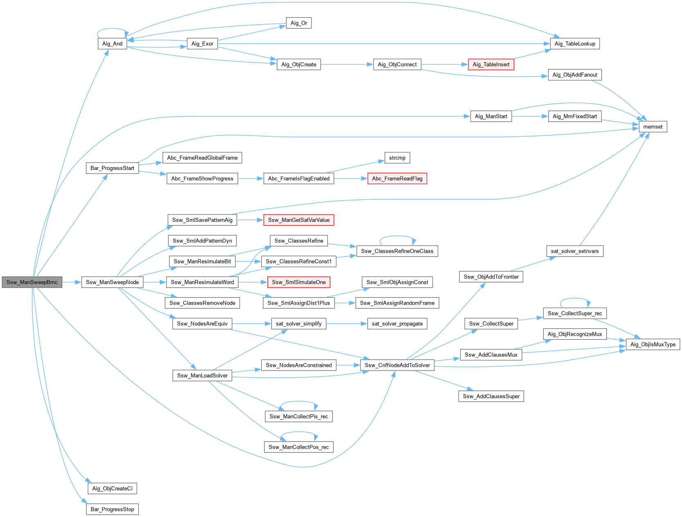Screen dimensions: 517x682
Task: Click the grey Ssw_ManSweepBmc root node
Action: coord(32,282)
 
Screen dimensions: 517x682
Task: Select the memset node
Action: coord(653,127)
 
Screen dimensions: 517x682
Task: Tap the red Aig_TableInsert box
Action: coord(491,65)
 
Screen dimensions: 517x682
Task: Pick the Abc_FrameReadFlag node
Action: coord(397,179)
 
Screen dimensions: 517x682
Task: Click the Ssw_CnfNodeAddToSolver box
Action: coord(397,366)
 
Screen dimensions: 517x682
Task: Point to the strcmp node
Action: coord(397,158)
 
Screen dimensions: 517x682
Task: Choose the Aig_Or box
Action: coord(299,23)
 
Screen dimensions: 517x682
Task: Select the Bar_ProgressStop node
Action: coord(113,510)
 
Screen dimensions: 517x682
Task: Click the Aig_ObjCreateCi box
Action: coord(113,489)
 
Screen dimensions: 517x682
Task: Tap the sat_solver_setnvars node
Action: coord(574,251)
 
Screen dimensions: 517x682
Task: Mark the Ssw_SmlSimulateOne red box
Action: coord(299,282)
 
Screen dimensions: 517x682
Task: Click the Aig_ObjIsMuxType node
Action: coord(653,345)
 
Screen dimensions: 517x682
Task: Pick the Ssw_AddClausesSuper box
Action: coord(491,397)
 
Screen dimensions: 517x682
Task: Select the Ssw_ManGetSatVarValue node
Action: coord(299,220)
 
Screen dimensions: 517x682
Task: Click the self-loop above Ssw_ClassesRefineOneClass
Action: coord(397,237)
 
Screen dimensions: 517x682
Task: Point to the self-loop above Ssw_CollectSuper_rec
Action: coord(575,299)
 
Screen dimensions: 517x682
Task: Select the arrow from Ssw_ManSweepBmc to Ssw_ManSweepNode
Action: coord(72,282)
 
